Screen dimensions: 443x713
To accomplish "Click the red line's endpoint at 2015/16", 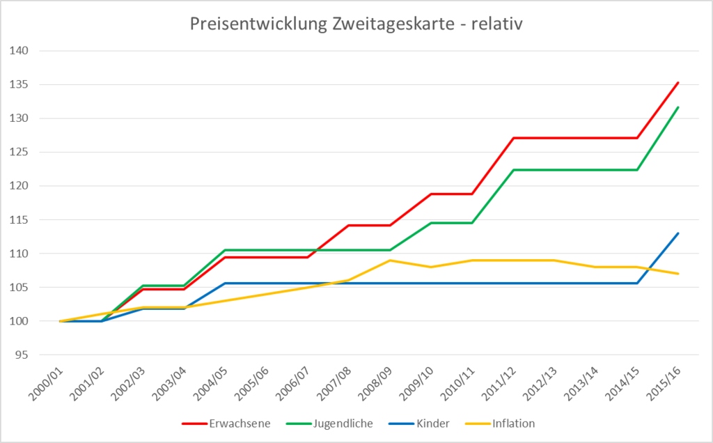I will (678, 82).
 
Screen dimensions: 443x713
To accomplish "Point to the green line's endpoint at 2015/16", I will (678, 107).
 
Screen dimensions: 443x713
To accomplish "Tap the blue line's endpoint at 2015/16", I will (678, 233).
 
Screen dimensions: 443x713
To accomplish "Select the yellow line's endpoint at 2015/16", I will (678, 274).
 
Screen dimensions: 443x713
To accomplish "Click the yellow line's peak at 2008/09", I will (390, 261).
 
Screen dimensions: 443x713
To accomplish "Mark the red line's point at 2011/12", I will (513, 138).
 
